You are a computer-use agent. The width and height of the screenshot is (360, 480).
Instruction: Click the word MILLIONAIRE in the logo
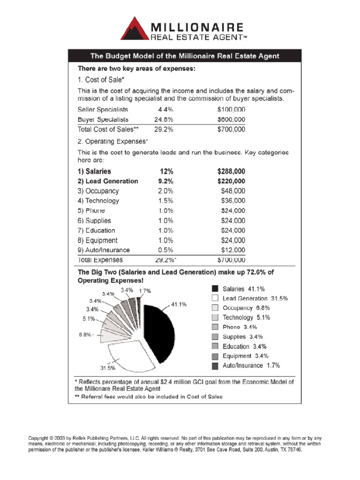click(x=197, y=26)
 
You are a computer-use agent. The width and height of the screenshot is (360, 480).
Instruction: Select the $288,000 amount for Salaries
click(x=231, y=172)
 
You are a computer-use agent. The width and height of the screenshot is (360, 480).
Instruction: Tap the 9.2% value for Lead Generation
click(x=166, y=181)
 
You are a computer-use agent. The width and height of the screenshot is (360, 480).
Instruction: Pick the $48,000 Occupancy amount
click(x=232, y=191)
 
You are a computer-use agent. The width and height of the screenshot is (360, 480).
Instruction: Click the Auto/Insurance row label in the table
click(x=104, y=250)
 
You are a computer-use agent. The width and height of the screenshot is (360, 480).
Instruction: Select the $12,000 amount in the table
click(x=232, y=250)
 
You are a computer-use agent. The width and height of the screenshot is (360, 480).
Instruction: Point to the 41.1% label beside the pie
click(x=179, y=304)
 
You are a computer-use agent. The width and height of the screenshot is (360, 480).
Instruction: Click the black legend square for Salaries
click(x=215, y=289)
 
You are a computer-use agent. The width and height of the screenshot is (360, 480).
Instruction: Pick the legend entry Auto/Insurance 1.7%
click(x=251, y=366)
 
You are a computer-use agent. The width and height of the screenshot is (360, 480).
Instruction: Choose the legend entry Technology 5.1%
click(x=246, y=318)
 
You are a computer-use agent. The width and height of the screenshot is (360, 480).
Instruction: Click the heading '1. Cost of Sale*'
click(x=101, y=80)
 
